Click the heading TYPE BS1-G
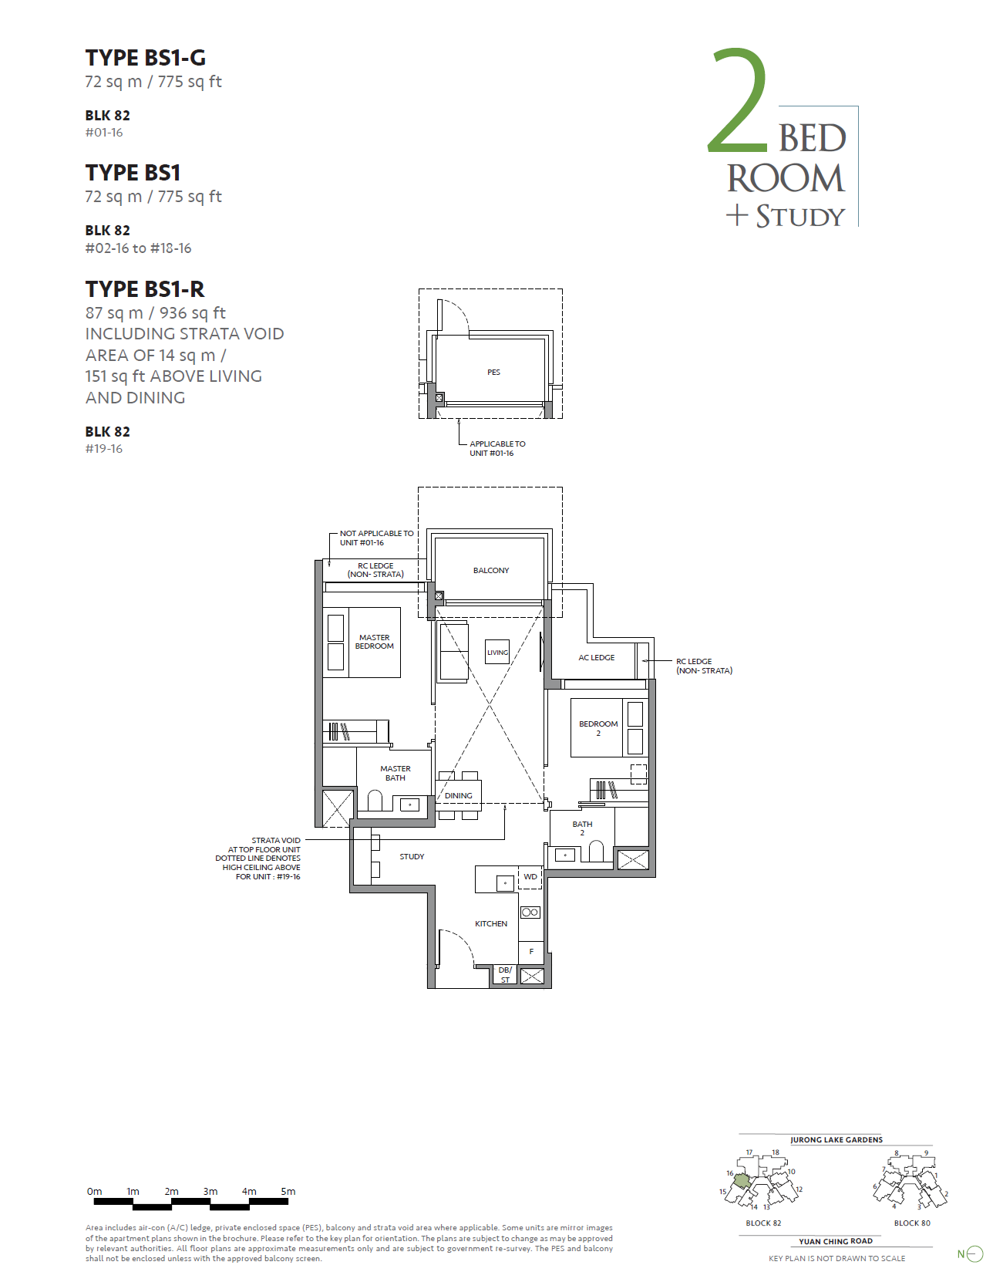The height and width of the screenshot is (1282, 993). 145,58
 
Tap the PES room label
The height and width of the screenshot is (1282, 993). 493,373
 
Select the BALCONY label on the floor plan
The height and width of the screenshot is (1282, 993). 490,571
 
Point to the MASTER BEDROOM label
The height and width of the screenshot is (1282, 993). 374,642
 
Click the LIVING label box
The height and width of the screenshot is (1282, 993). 497,652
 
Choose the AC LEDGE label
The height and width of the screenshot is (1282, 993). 596,657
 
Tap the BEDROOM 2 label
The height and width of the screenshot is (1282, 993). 598,728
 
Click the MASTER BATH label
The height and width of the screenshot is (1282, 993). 395,773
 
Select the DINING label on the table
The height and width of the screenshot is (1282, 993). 458,795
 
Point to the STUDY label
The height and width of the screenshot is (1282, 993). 412,856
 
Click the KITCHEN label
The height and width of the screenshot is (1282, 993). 490,923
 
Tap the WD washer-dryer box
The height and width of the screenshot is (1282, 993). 530,877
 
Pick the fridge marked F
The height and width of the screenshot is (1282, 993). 531,951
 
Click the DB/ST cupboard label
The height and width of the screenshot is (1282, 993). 505,975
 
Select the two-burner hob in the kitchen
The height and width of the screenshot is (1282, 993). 530,912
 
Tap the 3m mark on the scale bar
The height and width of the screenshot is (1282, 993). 210,1191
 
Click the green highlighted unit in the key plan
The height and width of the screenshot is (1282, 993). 742,1181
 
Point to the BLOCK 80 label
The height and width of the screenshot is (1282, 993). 911,1223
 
